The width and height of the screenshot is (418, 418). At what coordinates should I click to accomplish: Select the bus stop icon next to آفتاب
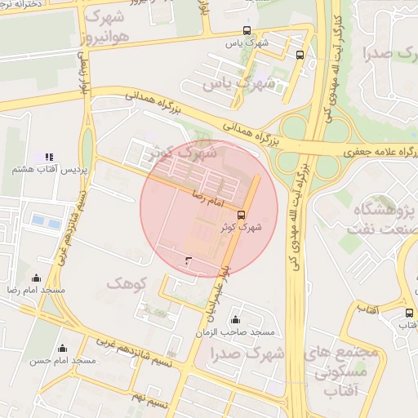pyautogui.click(x=409, y=313)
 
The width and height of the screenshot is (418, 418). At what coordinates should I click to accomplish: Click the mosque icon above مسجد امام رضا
pyautogui.click(x=35, y=278)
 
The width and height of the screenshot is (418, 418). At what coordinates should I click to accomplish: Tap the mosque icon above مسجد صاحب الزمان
pyautogui.click(x=236, y=319)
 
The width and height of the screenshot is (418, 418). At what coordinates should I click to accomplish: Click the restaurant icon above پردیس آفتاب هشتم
pyautogui.click(x=48, y=156)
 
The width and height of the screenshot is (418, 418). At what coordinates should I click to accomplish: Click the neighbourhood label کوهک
pyautogui.click(x=124, y=282)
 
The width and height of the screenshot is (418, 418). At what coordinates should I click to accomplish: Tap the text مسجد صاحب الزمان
pyautogui.click(x=235, y=333)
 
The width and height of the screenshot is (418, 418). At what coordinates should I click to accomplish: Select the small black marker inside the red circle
pyautogui.click(x=189, y=260)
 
